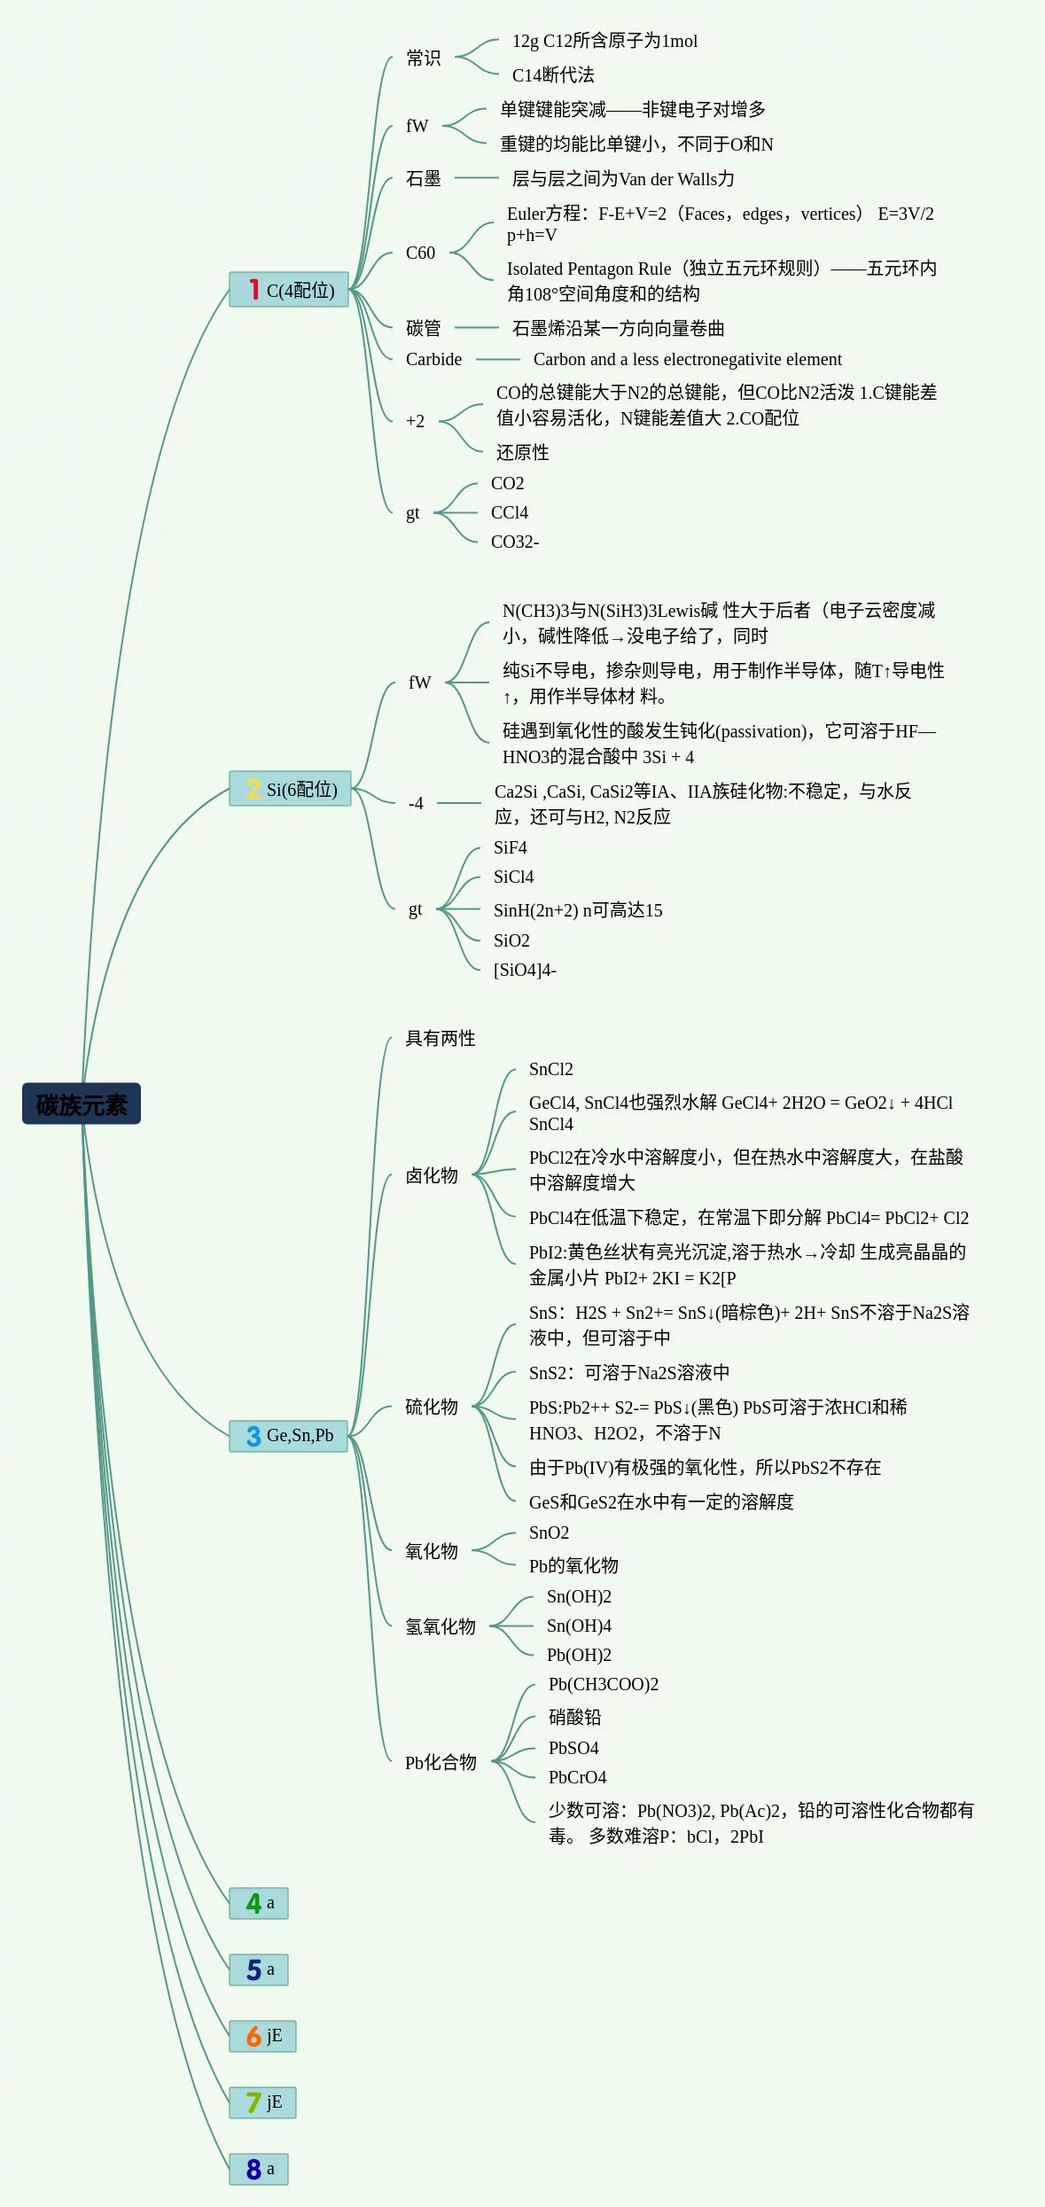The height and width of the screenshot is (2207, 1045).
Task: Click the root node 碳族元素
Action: pyautogui.click(x=82, y=1104)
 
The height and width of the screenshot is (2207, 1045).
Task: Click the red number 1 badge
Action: pyautogui.click(x=253, y=290)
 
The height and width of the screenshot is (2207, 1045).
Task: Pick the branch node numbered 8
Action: pyautogui.click(x=258, y=2169)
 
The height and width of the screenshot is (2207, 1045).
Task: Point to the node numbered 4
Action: pyautogui.click(x=258, y=1903)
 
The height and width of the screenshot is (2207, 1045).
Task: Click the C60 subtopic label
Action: pyautogui.click(x=420, y=253)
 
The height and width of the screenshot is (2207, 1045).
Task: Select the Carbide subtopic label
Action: pyautogui.click(x=433, y=360)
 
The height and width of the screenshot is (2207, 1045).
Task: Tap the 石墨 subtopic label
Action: pyautogui.click(x=423, y=179)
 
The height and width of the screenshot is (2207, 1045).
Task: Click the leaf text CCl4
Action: pyautogui.click(x=510, y=513)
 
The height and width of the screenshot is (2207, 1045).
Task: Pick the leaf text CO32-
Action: pyautogui.click(x=514, y=542)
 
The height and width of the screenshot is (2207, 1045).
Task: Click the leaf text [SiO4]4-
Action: pyautogui.click(x=525, y=971)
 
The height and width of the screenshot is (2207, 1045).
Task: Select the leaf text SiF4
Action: pyautogui.click(x=510, y=848)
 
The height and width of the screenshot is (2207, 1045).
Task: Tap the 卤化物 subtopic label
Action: pyautogui.click(x=432, y=1176)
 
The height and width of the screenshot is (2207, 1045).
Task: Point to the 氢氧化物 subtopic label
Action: pyautogui.click(x=441, y=1627)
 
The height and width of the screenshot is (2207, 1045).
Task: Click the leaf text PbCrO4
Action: pyautogui.click(x=577, y=1778)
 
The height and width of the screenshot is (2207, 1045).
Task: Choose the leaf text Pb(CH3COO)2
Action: pyautogui.click(x=603, y=1685)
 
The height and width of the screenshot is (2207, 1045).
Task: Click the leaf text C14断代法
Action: pyautogui.click(x=553, y=75)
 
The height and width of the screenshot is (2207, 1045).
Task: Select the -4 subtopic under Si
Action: pyautogui.click(x=416, y=804)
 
